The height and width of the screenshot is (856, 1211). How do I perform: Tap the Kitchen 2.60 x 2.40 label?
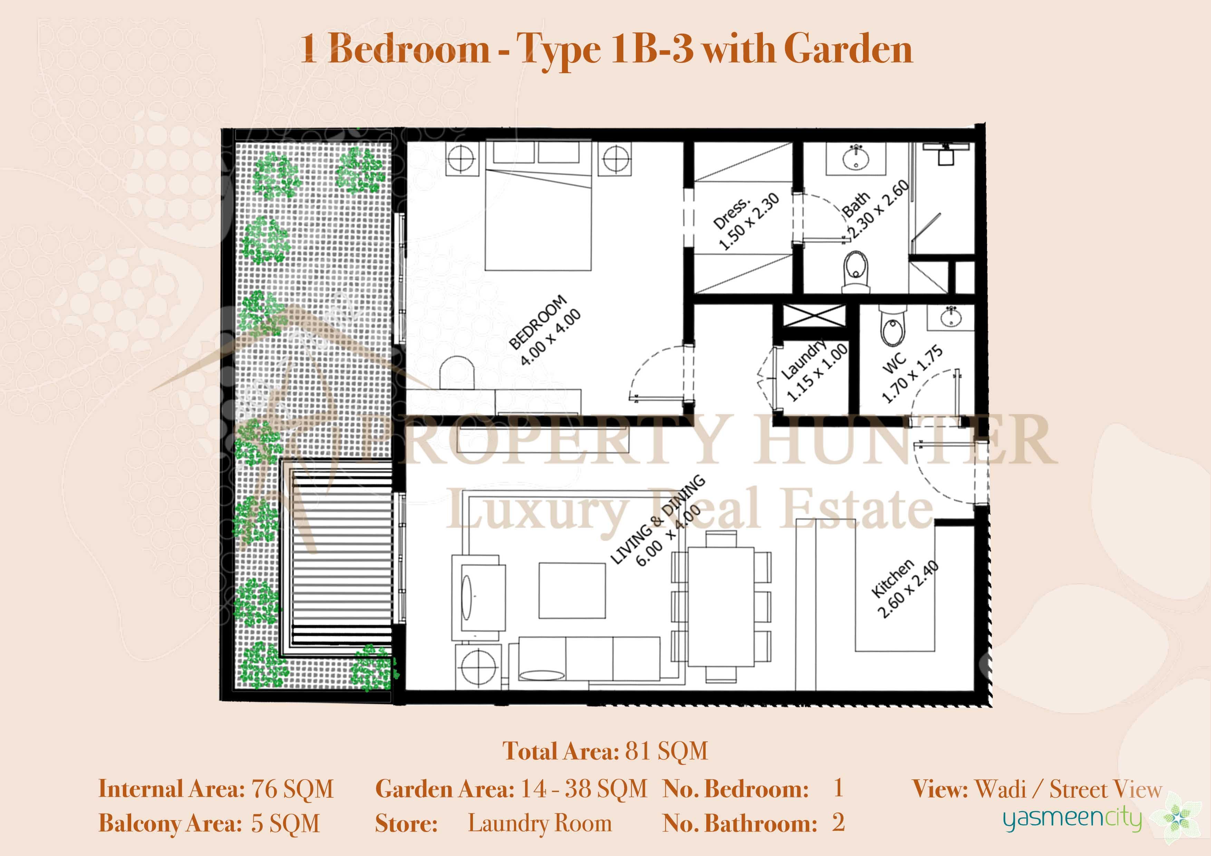904,588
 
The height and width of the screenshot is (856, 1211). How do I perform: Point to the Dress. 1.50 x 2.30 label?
744,221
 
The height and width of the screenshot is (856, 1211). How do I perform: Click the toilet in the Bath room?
855,270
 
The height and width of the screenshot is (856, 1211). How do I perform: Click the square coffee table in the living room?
572,590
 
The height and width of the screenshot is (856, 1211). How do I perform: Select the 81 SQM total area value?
667,751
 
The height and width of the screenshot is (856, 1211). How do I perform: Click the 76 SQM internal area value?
293,789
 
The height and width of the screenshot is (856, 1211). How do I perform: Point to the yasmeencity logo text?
1072,819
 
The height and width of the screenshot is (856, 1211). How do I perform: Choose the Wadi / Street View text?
1068,789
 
